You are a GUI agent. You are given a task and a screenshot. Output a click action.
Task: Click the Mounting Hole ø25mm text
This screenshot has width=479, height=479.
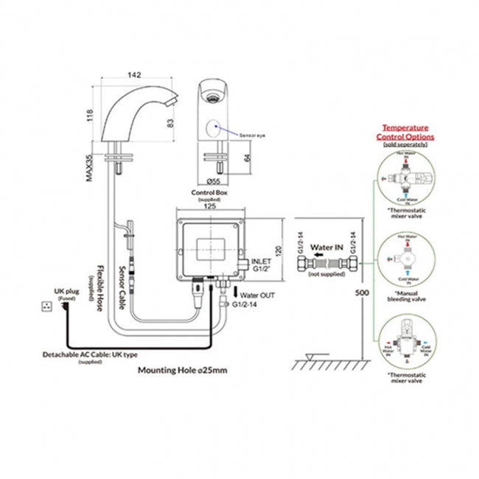coord(183,371)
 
